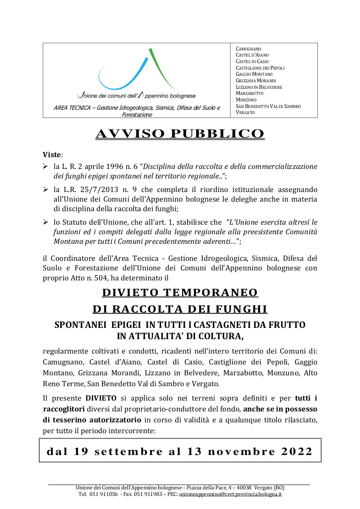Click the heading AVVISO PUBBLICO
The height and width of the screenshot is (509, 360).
point(180,134)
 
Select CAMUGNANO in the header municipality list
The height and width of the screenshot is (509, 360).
point(248,49)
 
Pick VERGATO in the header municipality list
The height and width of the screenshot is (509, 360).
point(245,112)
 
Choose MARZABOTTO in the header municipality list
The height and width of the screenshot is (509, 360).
point(249,93)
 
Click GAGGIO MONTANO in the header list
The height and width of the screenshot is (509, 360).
point(254,74)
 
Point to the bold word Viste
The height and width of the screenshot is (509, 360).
point(52,155)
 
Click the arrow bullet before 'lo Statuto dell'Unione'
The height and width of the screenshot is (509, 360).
point(46,222)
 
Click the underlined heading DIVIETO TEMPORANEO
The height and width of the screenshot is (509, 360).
point(180,292)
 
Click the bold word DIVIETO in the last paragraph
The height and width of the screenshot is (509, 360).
point(101,398)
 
